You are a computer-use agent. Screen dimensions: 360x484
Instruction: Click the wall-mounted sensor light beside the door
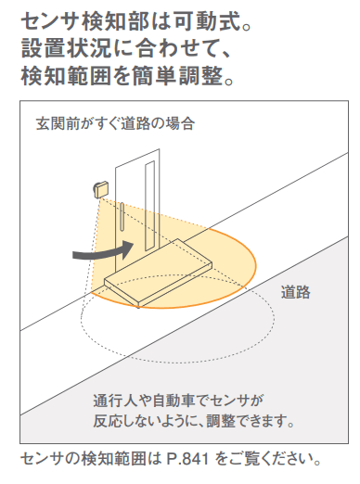coord(101,189)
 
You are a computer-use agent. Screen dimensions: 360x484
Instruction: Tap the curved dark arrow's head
coord(127,249)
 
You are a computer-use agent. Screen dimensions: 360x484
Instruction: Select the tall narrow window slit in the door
coord(149,205)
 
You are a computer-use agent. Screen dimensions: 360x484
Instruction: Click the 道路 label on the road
coord(295,292)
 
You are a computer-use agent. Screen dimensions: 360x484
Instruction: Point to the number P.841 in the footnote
coord(187,459)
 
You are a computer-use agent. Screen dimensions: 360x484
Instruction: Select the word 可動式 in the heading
coord(207,22)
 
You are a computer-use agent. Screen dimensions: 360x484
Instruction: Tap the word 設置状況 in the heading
coord(66,49)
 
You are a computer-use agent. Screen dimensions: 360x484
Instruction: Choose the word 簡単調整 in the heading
coord(177,76)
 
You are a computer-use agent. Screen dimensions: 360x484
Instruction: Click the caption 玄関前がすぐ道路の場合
coord(115,123)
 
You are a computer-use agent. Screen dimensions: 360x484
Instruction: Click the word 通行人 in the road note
coord(115,401)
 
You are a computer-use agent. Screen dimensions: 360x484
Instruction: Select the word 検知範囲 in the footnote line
coord(113,459)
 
